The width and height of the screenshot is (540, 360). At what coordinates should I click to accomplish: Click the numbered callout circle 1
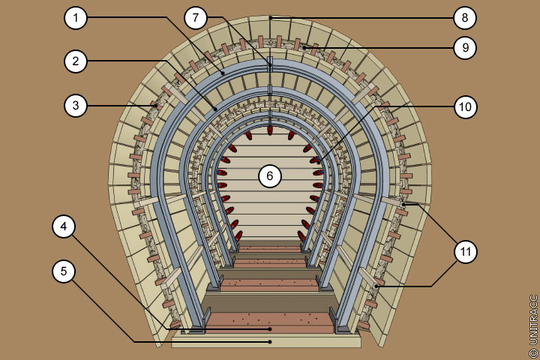76,17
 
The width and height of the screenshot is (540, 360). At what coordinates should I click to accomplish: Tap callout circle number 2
76,61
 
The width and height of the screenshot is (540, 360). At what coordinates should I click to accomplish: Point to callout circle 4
64,226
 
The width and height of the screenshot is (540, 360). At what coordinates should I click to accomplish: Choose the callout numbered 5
64,271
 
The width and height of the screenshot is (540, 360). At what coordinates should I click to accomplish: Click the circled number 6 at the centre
270,176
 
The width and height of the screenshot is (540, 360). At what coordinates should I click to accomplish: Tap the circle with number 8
465,17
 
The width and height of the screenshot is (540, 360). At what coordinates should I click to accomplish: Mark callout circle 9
465,47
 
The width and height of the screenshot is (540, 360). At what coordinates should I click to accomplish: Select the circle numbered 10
465,106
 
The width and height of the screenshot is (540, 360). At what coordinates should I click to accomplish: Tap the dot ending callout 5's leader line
270,342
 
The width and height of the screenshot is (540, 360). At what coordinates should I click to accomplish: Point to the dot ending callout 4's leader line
270,328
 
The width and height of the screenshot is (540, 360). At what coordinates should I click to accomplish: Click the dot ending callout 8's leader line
270,17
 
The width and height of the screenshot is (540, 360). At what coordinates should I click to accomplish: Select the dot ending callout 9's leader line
304,47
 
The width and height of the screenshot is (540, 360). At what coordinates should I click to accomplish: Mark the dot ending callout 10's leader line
318,159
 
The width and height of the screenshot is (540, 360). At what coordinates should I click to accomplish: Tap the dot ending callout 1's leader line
223,72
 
